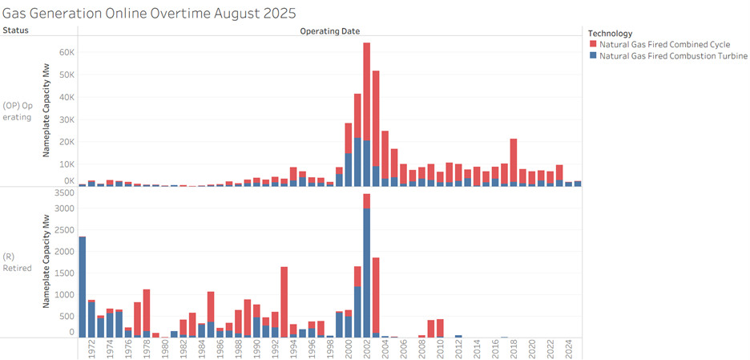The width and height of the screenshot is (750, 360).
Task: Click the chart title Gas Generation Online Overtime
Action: pyautogui.click(x=149, y=14)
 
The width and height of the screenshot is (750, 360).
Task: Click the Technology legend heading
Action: pyautogui.click(x=610, y=33)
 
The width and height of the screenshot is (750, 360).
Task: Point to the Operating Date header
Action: pyautogui.click(x=329, y=31)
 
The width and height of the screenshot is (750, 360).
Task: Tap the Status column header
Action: pyautogui.click(x=15, y=30)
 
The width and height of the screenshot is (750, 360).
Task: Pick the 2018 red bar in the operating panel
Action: pyautogui.click(x=513, y=160)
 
